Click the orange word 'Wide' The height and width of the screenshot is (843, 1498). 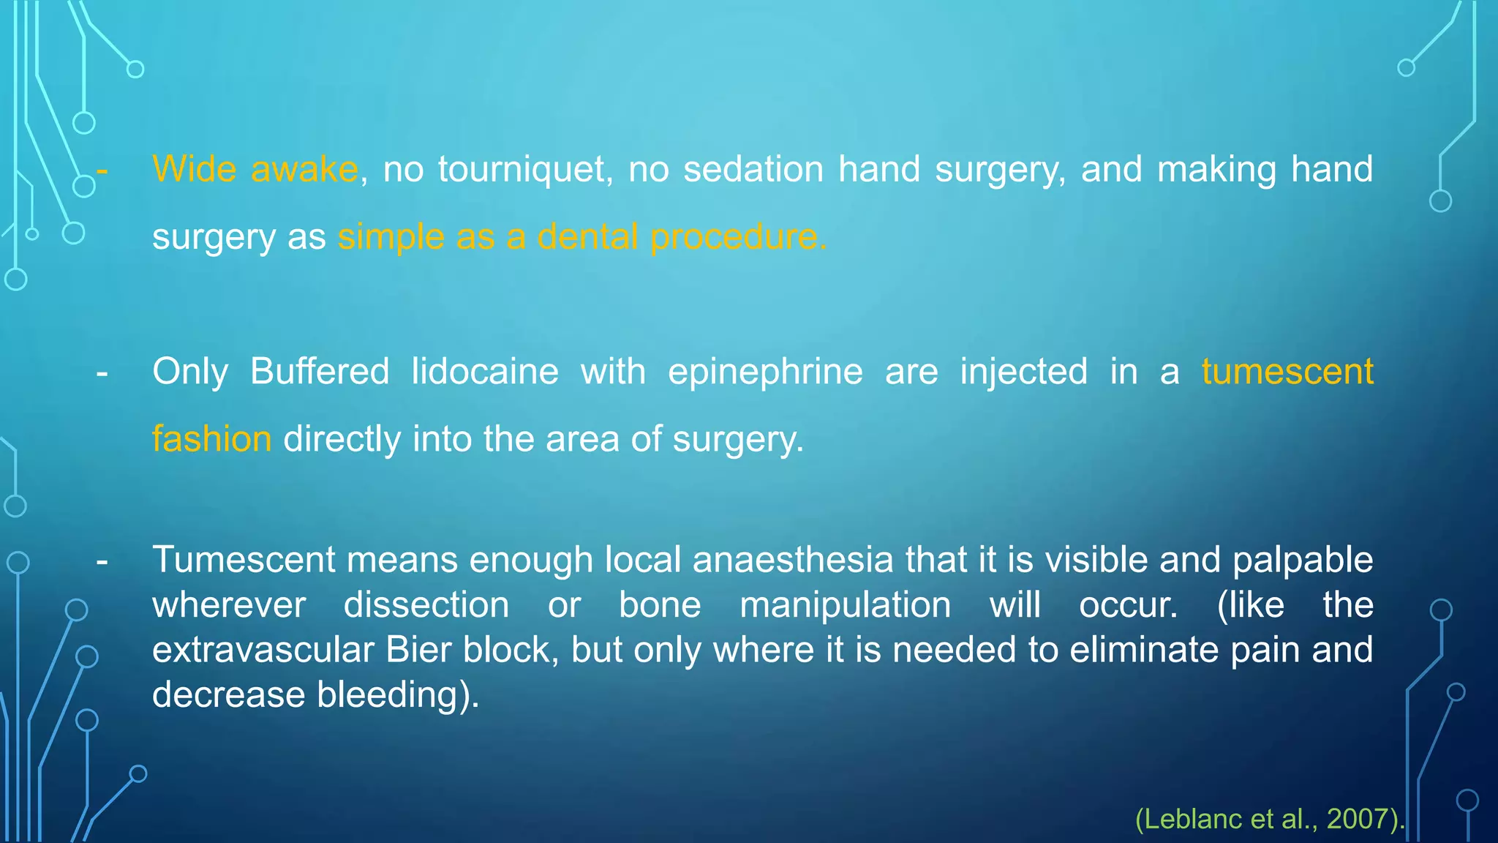coord(195,169)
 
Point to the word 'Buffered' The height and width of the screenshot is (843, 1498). coord(320,371)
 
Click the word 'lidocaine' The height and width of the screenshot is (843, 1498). coord(485,371)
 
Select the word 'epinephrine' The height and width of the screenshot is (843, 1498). coord(765,371)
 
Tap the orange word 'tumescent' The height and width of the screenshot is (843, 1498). coord(1287,371)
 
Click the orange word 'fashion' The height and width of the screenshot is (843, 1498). coord(212,439)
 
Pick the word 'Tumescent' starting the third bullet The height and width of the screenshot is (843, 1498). coord(244,560)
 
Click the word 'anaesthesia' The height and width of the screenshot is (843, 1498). coord(793,560)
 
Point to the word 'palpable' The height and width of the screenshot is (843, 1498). coord(1303,560)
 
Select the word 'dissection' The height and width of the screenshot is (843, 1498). coord(426,605)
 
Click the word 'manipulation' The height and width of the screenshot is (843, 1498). coord(846,605)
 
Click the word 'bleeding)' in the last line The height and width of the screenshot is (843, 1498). coord(397,694)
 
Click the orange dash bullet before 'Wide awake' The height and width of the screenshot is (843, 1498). coord(102,170)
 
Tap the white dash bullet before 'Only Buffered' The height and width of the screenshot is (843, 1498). coord(102,372)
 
